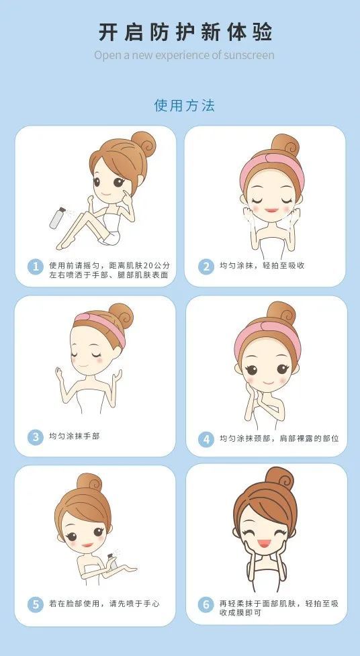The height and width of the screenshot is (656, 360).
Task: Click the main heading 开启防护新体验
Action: click(x=185, y=32)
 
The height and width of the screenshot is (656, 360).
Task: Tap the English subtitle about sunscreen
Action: click(x=184, y=55)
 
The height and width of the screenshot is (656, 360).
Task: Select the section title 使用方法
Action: click(x=184, y=105)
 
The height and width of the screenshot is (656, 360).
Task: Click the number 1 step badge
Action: click(x=36, y=267)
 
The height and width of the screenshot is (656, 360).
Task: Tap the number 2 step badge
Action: click(x=206, y=267)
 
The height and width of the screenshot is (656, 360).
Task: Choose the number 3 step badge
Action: click(x=36, y=437)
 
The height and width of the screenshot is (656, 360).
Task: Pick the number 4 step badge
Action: click(x=206, y=439)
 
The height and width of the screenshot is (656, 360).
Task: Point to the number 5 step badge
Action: click(x=36, y=604)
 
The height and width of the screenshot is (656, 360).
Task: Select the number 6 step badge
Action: click(x=206, y=604)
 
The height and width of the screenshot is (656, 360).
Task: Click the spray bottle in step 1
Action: click(x=57, y=218)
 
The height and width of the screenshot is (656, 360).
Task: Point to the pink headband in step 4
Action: click(x=268, y=334)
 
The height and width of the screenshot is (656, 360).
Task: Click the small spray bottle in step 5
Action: click(x=111, y=561)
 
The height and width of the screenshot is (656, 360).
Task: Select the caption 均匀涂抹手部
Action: click(x=75, y=436)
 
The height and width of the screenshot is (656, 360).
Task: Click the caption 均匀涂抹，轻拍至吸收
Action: click(x=262, y=266)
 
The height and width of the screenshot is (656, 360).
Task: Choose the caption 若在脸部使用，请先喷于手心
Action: click(x=104, y=604)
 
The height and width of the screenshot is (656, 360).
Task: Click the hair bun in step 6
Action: click(x=279, y=479)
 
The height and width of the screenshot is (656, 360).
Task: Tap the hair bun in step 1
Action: click(x=143, y=144)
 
